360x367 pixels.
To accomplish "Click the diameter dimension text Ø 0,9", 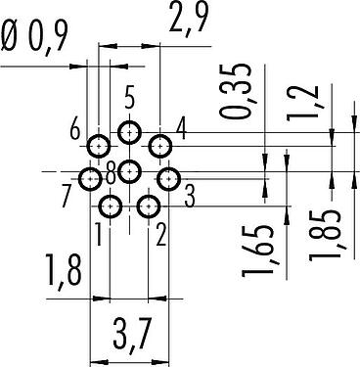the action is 34,37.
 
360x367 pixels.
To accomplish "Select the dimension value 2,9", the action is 188,17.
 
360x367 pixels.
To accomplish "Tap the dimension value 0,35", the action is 237,90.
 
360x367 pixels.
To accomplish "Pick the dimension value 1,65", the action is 258,250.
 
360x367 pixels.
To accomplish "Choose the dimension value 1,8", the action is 63,272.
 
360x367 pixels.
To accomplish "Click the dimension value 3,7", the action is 132,336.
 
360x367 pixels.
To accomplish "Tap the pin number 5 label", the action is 129,98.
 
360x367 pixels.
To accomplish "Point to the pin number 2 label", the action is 160,236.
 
